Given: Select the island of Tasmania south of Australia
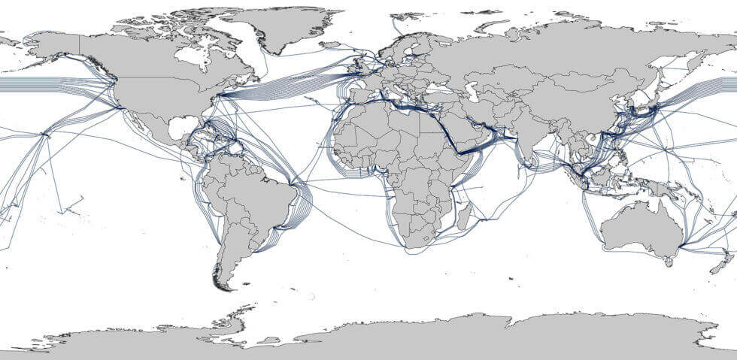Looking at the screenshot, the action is pyautogui.click(x=668, y=262).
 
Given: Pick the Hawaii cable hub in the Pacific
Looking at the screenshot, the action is pyautogui.click(x=47, y=135).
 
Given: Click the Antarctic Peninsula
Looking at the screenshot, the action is pyautogui.click(x=238, y=313).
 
